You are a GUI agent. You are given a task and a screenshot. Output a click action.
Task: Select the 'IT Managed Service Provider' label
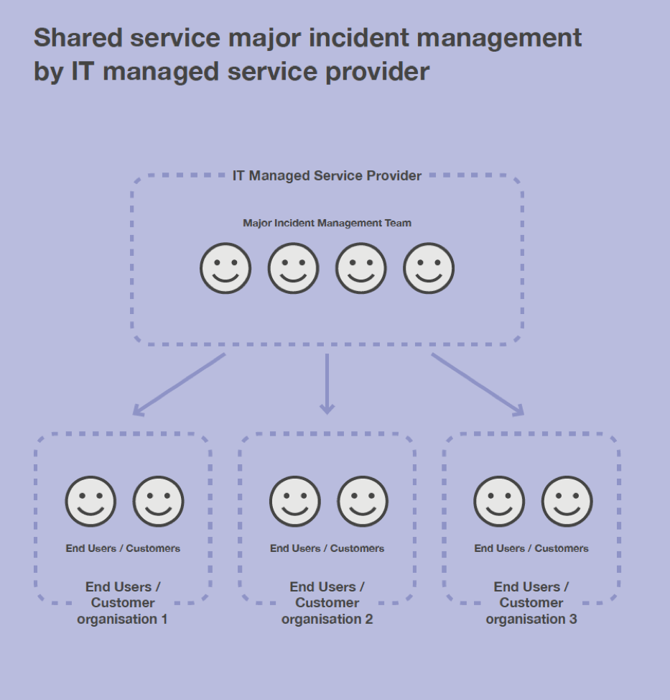tap(327, 176)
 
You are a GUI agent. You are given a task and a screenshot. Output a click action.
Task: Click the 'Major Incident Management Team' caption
tap(327, 223)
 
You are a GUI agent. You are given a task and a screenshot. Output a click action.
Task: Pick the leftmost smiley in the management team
tap(225, 268)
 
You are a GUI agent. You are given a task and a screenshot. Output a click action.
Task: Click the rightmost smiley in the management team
tap(429, 268)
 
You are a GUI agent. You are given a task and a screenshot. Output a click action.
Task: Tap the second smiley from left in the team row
tap(293, 268)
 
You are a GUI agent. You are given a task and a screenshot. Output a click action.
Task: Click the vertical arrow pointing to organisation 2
tap(327, 384)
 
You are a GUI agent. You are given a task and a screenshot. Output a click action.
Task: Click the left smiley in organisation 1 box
tap(90, 501)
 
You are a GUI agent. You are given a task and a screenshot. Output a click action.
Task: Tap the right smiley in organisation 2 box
tap(362, 501)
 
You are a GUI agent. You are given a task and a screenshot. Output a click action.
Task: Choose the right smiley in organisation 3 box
tap(567, 501)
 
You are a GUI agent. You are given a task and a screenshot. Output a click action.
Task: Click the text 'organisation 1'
tap(122, 618)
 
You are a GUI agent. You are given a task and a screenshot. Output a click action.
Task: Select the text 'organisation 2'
tap(327, 618)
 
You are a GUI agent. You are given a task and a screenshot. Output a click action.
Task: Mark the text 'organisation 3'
tap(531, 618)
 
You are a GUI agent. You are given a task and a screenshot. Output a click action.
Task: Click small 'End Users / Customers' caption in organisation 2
tap(327, 548)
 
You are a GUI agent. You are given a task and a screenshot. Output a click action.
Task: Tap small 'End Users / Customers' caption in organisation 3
tap(531, 548)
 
